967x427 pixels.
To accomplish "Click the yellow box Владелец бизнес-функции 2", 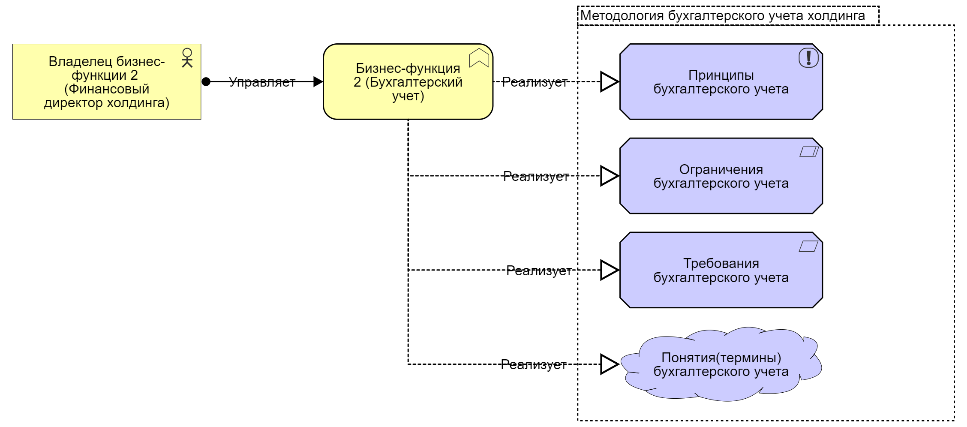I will tap(106, 81).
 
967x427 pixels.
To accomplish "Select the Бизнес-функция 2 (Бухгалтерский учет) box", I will tap(408, 81).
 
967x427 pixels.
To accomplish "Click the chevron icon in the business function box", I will tap(479, 58).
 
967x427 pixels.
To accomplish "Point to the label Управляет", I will tap(262, 82).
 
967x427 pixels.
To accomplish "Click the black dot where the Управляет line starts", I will tap(206, 82).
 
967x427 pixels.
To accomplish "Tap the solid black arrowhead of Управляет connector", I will tap(318, 82).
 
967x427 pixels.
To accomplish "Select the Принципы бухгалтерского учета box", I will tap(721, 81).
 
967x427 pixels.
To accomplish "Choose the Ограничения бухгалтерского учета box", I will tap(721, 176).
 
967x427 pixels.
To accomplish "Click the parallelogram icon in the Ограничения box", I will tap(809, 152).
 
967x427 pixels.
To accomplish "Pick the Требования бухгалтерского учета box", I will tap(721, 270).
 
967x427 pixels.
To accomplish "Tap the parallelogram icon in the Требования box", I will tap(809, 246).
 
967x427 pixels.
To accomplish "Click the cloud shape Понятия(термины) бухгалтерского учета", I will tap(721, 364).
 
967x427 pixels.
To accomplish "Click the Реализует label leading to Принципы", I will tap(535, 82).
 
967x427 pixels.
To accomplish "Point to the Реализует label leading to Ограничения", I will tap(536, 176).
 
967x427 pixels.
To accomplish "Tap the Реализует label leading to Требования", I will tap(539, 271).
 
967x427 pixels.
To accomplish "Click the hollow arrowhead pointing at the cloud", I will tap(609, 364).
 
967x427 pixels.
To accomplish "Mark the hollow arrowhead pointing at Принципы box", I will tap(609, 81).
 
